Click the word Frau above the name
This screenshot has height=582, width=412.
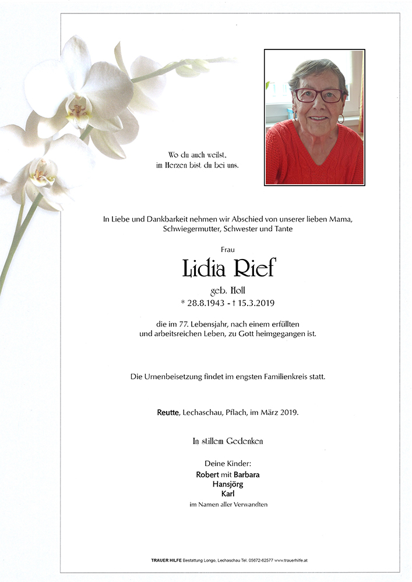[x=228, y=249]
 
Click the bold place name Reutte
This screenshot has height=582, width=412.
[x=169, y=413]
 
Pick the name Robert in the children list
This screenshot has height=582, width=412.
[x=207, y=474]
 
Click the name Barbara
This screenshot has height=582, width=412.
[x=247, y=474]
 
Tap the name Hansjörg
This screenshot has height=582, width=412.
[x=228, y=484]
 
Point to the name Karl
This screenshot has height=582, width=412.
[x=228, y=494]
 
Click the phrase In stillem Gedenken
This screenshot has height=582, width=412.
[x=228, y=442]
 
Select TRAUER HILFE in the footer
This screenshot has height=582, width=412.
[x=159, y=560]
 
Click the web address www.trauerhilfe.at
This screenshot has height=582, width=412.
[x=291, y=560]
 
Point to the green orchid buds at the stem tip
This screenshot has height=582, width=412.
[x=192, y=67]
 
